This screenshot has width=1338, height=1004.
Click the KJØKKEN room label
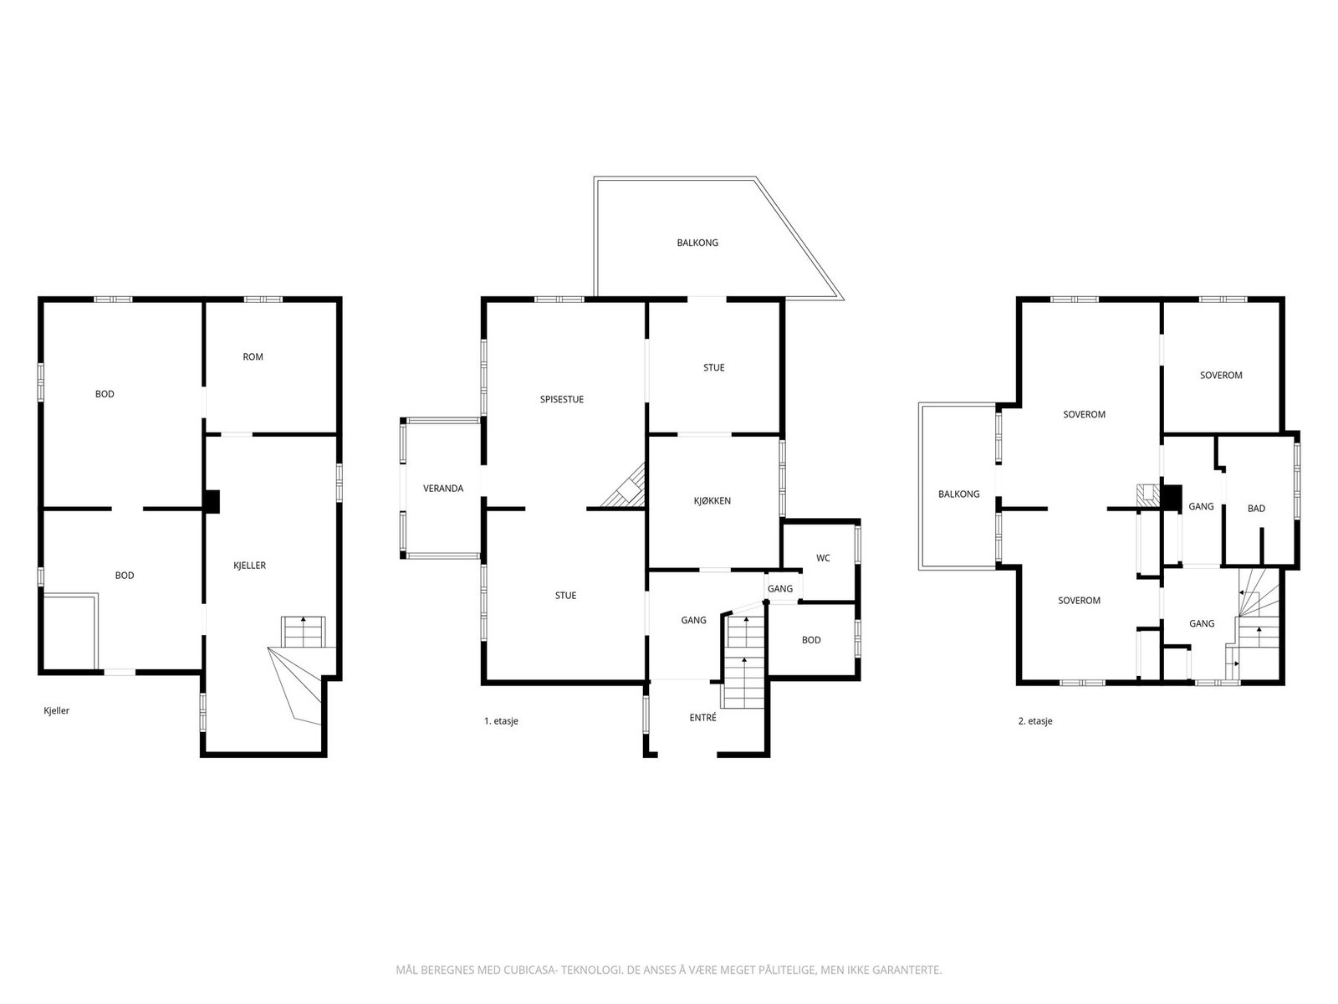(x=712, y=500)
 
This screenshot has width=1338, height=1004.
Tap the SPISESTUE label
(x=561, y=399)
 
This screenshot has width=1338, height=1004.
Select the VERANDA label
(x=443, y=489)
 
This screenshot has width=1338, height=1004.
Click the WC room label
(x=822, y=558)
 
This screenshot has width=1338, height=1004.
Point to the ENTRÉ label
(x=702, y=718)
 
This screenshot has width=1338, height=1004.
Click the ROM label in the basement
(x=253, y=356)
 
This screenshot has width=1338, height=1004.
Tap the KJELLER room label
(x=249, y=565)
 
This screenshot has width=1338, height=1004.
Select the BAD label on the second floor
(x=1256, y=509)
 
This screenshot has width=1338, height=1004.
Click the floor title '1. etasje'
(x=501, y=721)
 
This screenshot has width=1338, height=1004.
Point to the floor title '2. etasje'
(x=1035, y=721)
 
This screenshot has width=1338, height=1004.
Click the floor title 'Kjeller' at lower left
(x=57, y=710)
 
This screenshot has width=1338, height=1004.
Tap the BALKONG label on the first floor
(x=697, y=243)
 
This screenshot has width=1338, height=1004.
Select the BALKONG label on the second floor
(x=959, y=494)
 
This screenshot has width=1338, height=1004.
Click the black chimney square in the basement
(x=212, y=502)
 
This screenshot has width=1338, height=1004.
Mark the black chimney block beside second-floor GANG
(x=1171, y=496)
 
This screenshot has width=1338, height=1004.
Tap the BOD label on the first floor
(x=810, y=640)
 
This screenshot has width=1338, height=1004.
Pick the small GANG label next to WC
(x=779, y=588)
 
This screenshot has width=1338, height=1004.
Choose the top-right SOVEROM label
(x=1221, y=376)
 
